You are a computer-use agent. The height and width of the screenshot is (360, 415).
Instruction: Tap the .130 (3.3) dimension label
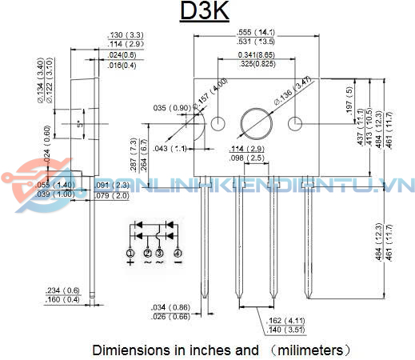(126, 35)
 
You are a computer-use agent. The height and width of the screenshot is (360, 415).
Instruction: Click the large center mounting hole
(257, 123)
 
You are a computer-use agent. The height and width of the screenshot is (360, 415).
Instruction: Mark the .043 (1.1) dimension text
(170, 149)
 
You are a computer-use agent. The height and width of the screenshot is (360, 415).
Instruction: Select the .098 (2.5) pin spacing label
(246, 158)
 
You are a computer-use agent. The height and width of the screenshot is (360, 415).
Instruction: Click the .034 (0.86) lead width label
(170, 306)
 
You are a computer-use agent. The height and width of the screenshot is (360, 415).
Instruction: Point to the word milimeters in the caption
(308, 350)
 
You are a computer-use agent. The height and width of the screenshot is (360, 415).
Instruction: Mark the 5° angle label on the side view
(79, 125)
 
